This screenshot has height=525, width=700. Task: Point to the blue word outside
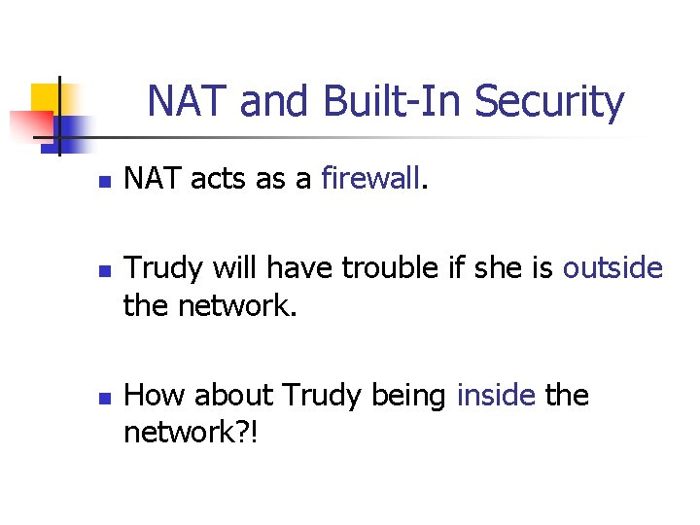point(612,267)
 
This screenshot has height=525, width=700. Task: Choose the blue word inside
point(496,396)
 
